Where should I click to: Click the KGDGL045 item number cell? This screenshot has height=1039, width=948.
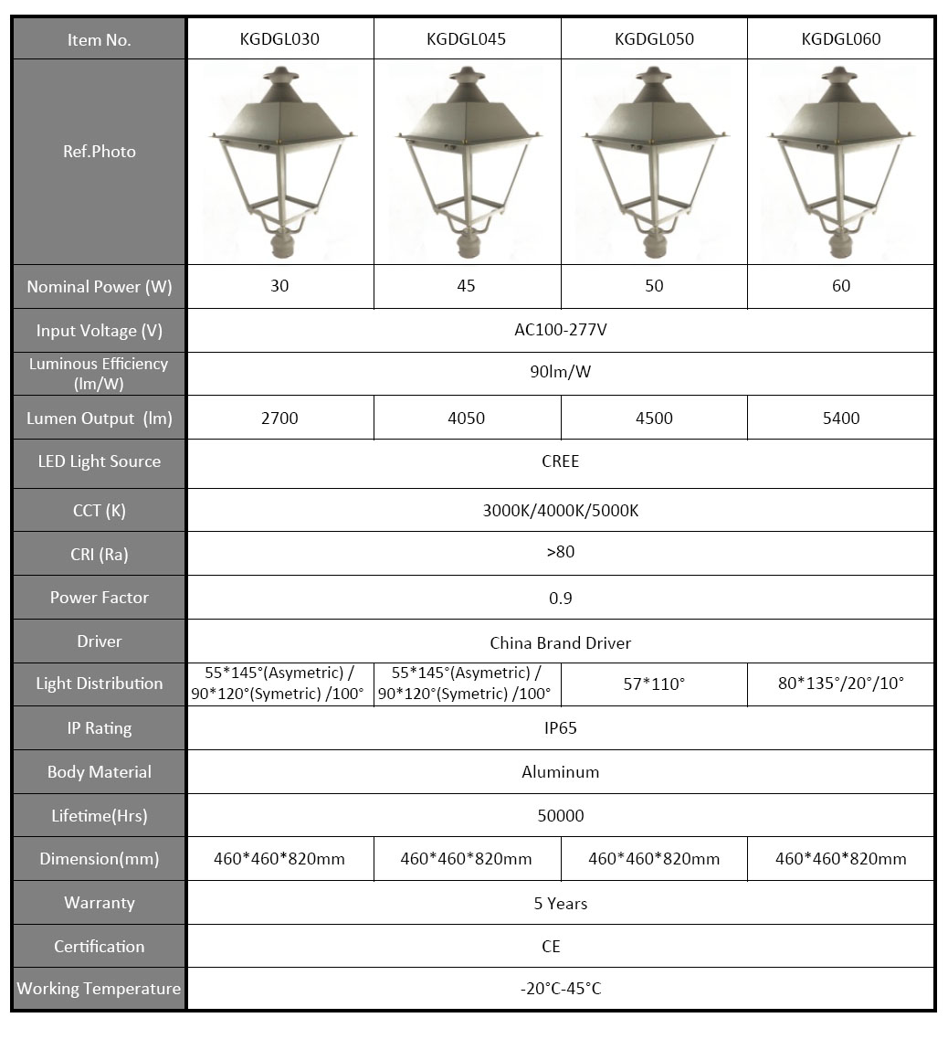[x=466, y=39]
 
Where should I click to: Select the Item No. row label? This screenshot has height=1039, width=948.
[x=99, y=40]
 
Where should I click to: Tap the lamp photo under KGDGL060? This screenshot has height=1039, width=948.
[x=840, y=162]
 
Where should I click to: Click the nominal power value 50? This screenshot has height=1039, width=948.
[x=654, y=286]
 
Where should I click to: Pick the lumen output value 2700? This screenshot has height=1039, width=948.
[x=279, y=419]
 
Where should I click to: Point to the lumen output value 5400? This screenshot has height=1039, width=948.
[x=840, y=419]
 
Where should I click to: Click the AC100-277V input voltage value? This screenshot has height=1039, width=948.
[x=560, y=330]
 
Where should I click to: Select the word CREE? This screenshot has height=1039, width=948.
[x=560, y=461]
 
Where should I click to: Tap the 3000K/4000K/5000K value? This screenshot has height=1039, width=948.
[x=560, y=510]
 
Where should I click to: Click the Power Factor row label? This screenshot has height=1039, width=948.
[x=99, y=598]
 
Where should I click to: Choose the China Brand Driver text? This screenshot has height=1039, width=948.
[x=560, y=642]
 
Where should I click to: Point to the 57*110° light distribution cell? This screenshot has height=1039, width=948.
[x=654, y=684]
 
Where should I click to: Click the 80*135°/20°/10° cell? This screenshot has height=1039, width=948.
[x=840, y=684]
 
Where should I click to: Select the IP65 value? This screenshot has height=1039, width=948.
[x=560, y=728]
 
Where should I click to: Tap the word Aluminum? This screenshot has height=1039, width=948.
[x=560, y=772]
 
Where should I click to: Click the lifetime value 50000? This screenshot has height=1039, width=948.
[x=560, y=815]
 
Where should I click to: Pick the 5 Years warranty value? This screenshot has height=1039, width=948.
[x=560, y=903]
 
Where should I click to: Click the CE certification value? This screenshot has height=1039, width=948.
[x=551, y=947]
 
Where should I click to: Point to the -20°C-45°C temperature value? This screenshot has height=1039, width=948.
[x=560, y=989]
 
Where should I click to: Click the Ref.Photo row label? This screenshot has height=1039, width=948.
[x=99, y=152]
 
